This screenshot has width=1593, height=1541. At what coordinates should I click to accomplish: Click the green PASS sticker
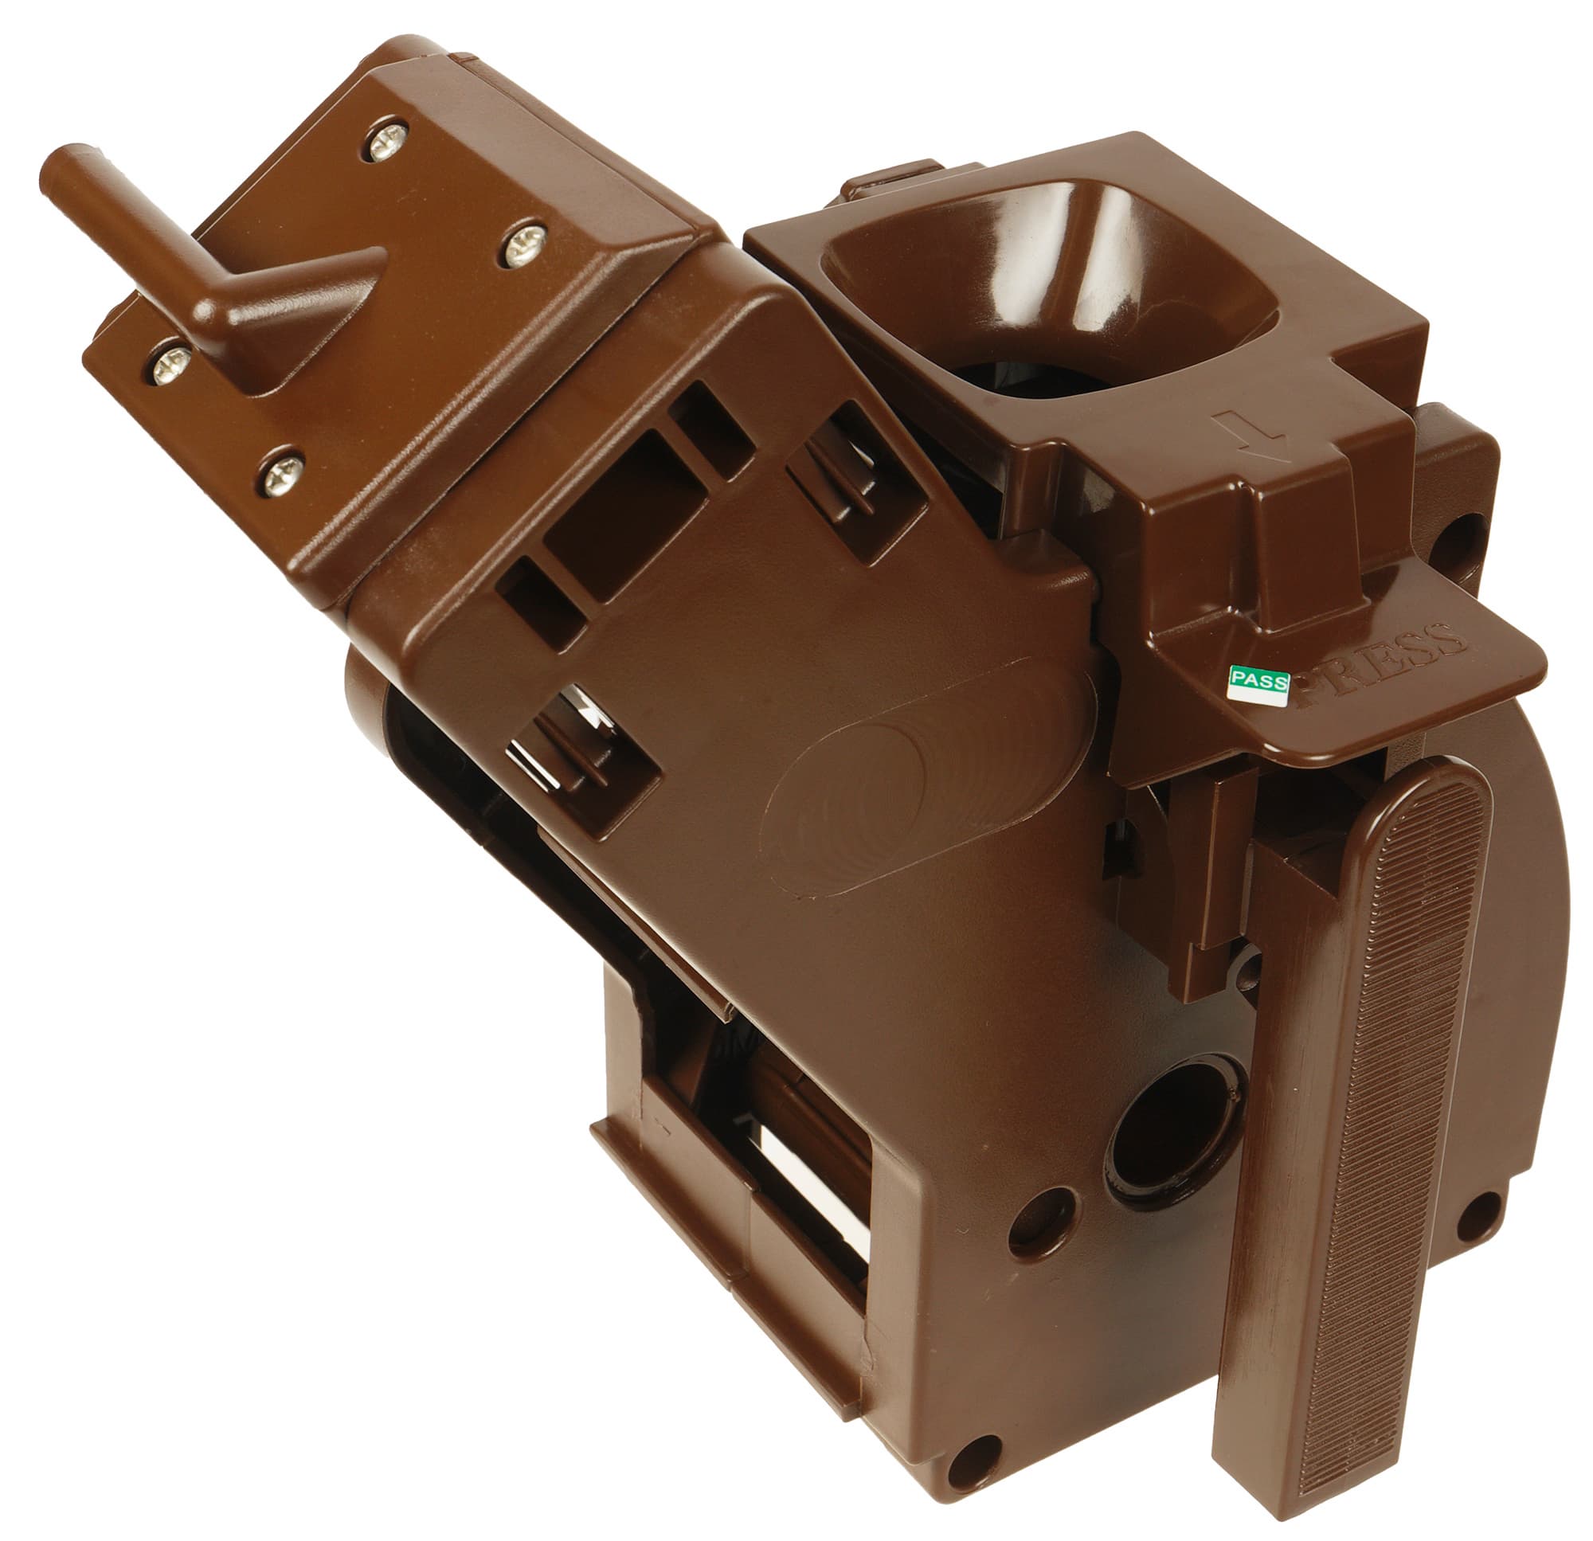click(x=1258, y=684)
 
